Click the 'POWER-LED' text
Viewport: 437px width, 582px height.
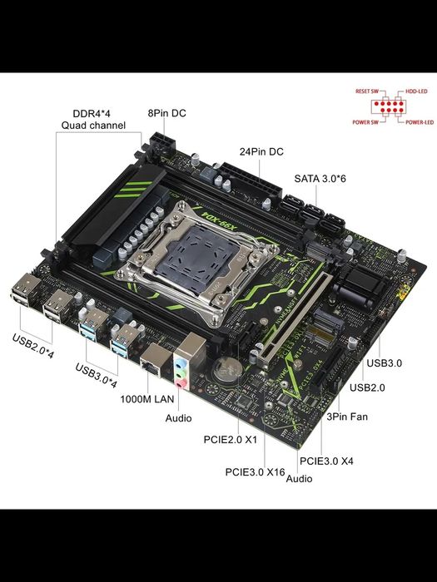(x=420, y=122)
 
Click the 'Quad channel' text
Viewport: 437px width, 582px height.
(x=92, y=126)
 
